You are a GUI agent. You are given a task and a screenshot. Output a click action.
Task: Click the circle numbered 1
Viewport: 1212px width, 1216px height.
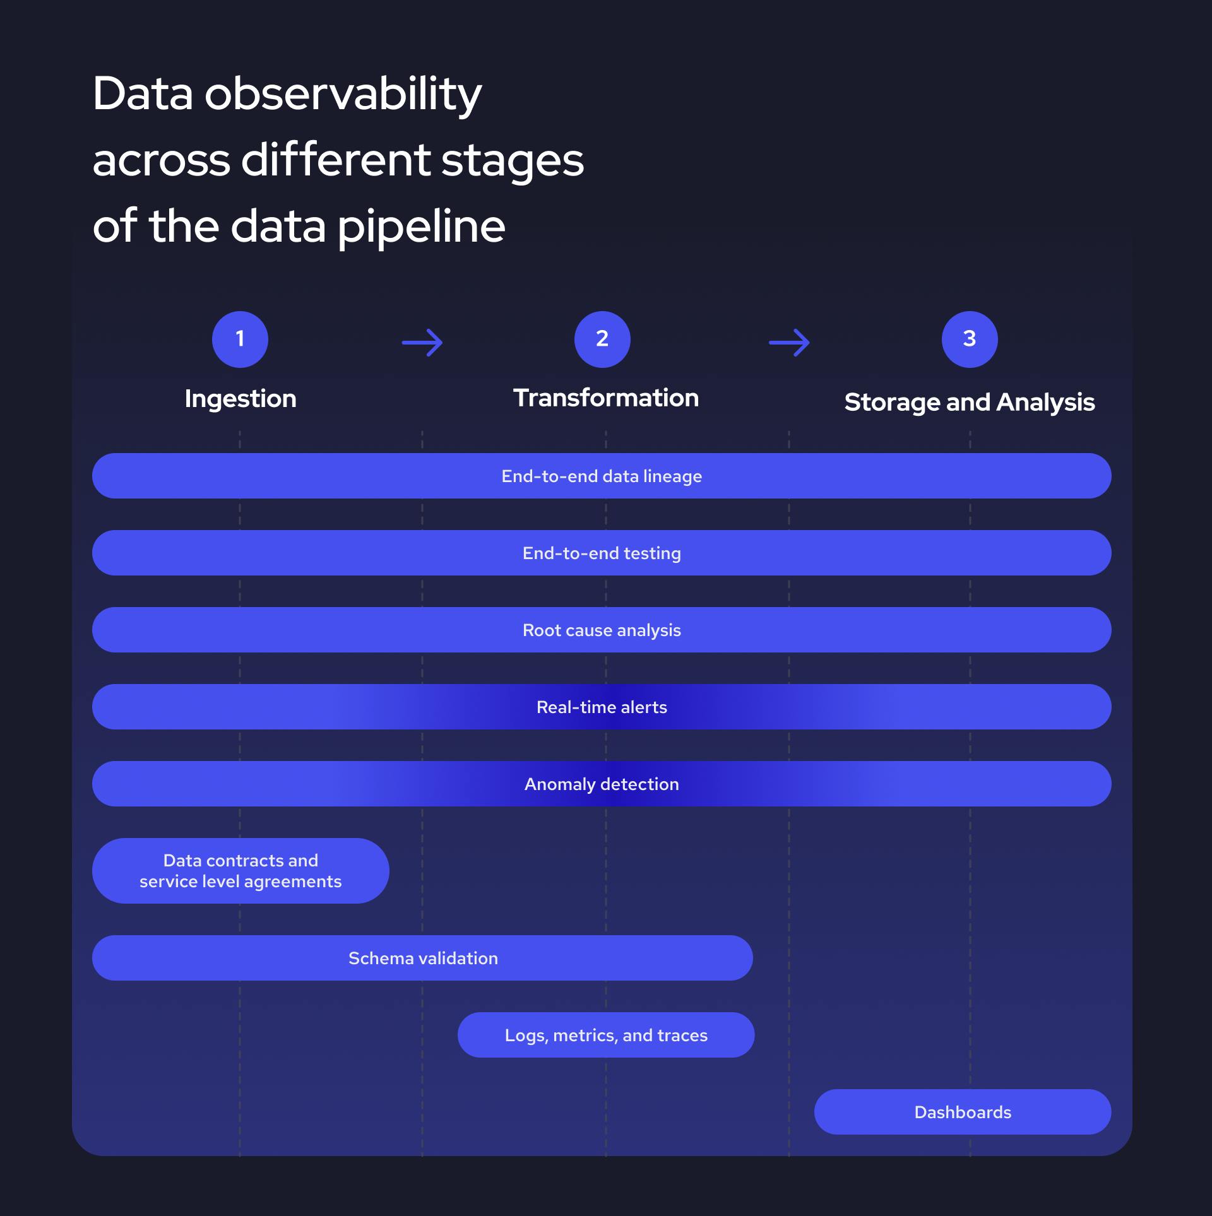coord(240,339)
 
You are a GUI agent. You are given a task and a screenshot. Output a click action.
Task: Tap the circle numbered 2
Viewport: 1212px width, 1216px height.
coord(602,339)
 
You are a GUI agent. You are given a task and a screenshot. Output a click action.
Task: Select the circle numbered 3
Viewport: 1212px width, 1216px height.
coord(970,339)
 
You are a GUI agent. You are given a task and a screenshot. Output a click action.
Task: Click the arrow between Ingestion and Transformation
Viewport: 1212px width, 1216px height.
coord(422,343)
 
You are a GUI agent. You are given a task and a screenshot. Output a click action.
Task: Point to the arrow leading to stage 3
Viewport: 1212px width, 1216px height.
coord(789,343)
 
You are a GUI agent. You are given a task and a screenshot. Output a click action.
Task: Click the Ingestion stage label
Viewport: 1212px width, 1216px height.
coord(241,399)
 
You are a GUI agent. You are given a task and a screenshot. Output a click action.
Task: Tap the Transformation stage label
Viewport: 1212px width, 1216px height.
coord(606,398)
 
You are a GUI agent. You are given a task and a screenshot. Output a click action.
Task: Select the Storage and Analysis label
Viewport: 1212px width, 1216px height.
coord(970,402)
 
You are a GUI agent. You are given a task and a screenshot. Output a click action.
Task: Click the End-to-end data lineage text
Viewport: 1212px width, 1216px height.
coord(602,476)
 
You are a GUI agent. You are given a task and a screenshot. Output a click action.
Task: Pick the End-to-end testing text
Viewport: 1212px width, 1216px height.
coord(602,553)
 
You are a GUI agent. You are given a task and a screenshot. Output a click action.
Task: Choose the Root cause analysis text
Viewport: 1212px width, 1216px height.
coord(602,630)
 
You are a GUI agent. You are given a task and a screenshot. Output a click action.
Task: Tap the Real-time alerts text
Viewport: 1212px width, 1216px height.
coord(602,707)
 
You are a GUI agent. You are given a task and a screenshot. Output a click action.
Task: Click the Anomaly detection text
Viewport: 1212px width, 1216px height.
coord(602,784)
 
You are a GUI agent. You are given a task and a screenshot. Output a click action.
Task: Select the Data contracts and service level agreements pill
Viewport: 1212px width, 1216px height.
coord(241,871)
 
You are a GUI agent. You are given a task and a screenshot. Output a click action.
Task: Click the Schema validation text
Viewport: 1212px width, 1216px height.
coord(423,959)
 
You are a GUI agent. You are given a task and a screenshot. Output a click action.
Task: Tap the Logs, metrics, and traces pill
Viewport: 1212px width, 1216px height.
coord(606,1036)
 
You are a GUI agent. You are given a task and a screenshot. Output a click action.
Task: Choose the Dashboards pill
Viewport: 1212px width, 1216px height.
coord(963,1113)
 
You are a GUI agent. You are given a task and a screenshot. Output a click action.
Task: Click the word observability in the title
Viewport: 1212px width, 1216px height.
coord(343,95)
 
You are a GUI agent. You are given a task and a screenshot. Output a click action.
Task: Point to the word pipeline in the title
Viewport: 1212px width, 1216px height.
coord(421,227)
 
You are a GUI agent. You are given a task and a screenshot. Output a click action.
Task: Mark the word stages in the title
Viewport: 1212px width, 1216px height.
coord(513,162)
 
